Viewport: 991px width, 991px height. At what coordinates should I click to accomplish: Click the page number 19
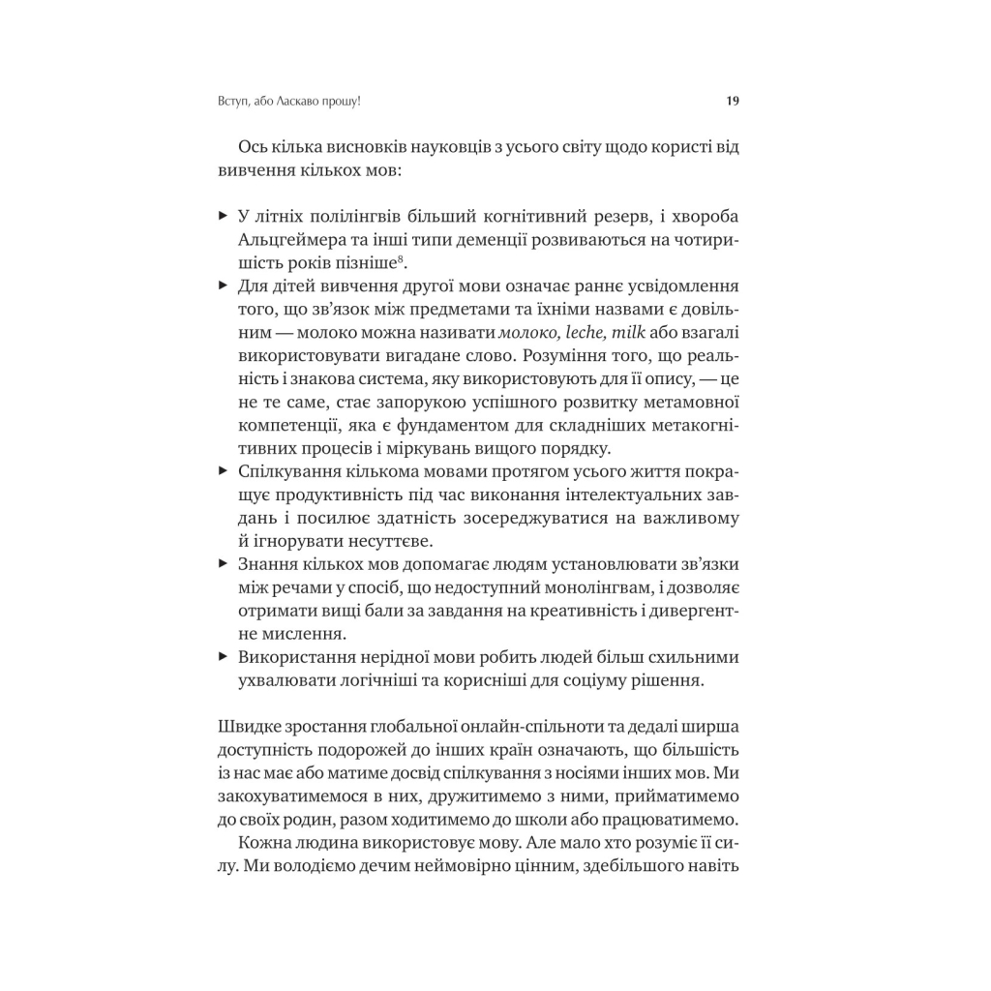[x=733, y=100]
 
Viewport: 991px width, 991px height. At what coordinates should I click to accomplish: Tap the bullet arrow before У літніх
[x=223, y=214]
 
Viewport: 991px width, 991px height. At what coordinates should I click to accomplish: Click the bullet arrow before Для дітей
[x=223, y=285]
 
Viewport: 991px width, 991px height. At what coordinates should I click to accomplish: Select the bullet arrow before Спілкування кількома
[x=223, y=471]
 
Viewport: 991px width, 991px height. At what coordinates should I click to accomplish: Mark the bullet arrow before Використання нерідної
[x=223, y=657]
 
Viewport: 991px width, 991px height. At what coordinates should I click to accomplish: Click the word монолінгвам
[x=578, y=587]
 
